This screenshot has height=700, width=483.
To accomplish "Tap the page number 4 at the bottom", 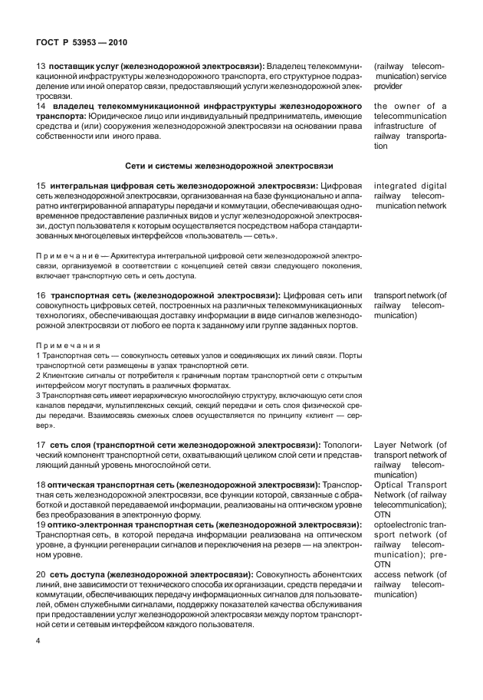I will click(38, 640).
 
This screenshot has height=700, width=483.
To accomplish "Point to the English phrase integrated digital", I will click(409, 186).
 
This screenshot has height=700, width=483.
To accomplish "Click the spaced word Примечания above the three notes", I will click(69, 345).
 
